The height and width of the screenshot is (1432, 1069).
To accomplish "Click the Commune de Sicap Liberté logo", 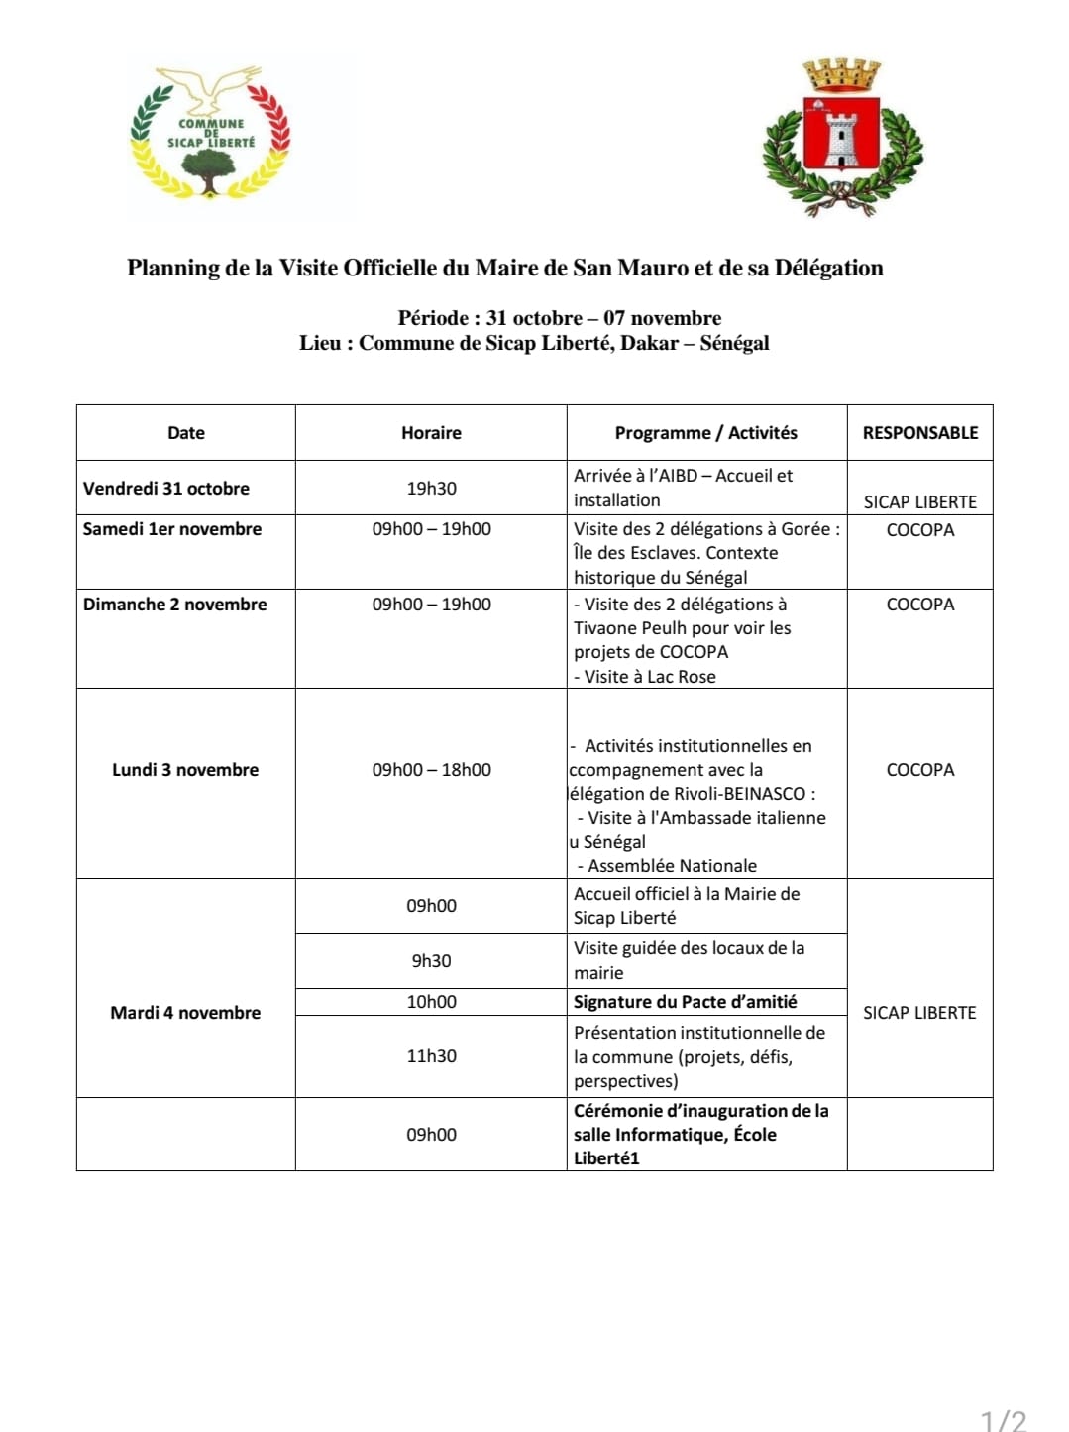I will pos(210,134).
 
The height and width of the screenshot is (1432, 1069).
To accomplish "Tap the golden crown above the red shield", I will pos(841,75).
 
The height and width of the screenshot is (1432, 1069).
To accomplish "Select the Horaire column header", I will pos(431,433).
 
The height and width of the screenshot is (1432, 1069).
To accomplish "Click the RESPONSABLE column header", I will pos(919,433).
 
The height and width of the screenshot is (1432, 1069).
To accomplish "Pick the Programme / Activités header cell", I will pos(705,433).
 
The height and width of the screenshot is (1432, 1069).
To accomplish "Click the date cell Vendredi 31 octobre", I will pos(166,489).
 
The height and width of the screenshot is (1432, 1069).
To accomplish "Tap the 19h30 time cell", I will pos(431,489).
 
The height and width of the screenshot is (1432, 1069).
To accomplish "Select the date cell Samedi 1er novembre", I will pos(172,529).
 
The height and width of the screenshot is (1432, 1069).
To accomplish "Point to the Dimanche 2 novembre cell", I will pos(175,605).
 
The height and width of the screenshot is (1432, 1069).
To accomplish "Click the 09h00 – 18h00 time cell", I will pos(431,770).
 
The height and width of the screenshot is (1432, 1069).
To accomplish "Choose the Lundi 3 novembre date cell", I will pos(185,770).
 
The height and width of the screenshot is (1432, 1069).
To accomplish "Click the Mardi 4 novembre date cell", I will pos(185,1013).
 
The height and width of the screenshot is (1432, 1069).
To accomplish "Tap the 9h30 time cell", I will pos(431,961).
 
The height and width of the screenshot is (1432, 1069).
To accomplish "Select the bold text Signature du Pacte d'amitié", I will pos(686,1002).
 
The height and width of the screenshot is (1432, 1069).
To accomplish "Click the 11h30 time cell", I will pos(431,1056).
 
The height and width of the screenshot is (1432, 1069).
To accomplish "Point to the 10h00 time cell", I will pos(431,1002).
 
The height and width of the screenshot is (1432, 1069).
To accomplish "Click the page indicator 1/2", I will pos(1003,1420).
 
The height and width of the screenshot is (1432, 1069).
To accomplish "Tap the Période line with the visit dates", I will pos(559,318).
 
